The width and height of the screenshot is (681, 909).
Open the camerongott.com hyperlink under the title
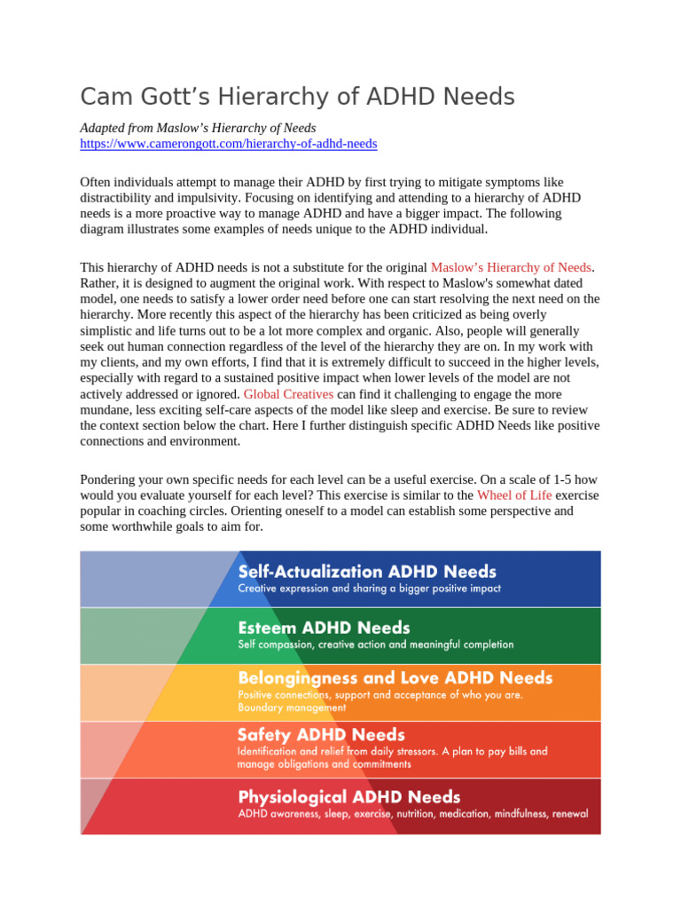tap(229, 143)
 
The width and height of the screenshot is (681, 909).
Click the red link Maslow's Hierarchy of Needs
tap(511, 267)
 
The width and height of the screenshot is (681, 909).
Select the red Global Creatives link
tap(288, 393)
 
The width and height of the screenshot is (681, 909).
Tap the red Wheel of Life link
tap(514, 494)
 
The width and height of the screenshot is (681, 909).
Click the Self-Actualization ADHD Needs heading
tap(367, 572)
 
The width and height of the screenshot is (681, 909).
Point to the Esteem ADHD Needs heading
tap(324, 628)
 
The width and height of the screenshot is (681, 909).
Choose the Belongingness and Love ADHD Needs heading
tap(395, 678)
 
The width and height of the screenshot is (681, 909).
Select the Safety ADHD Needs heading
tap(321, 735)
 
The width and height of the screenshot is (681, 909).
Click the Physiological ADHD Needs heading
tap(348, 796)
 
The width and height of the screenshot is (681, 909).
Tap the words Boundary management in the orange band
tap(292, 708)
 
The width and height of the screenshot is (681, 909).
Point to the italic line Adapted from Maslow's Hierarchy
tap(198, 127)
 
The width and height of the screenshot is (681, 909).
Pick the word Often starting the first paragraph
tap(97, 182)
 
